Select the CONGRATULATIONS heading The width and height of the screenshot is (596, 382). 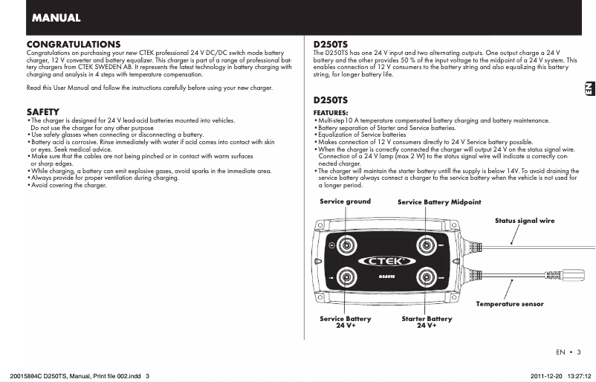(73, 45)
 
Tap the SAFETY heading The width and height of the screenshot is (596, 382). (43, 111)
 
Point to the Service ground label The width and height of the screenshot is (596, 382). (345, 201)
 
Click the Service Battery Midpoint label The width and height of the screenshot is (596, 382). (439, 202)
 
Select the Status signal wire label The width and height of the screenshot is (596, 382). (525, 221)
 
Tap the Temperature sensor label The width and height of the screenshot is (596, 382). (510, 304)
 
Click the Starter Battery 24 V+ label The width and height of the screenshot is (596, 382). (427, 322)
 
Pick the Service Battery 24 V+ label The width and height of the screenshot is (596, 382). (346, 322)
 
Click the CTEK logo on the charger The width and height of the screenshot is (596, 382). (386, 261)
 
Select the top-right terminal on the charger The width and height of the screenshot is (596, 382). (427, 244)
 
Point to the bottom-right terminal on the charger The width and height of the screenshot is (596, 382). (427, 278)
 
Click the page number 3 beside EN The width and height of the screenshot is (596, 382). (578, 352)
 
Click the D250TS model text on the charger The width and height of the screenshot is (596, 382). (386, 277)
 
